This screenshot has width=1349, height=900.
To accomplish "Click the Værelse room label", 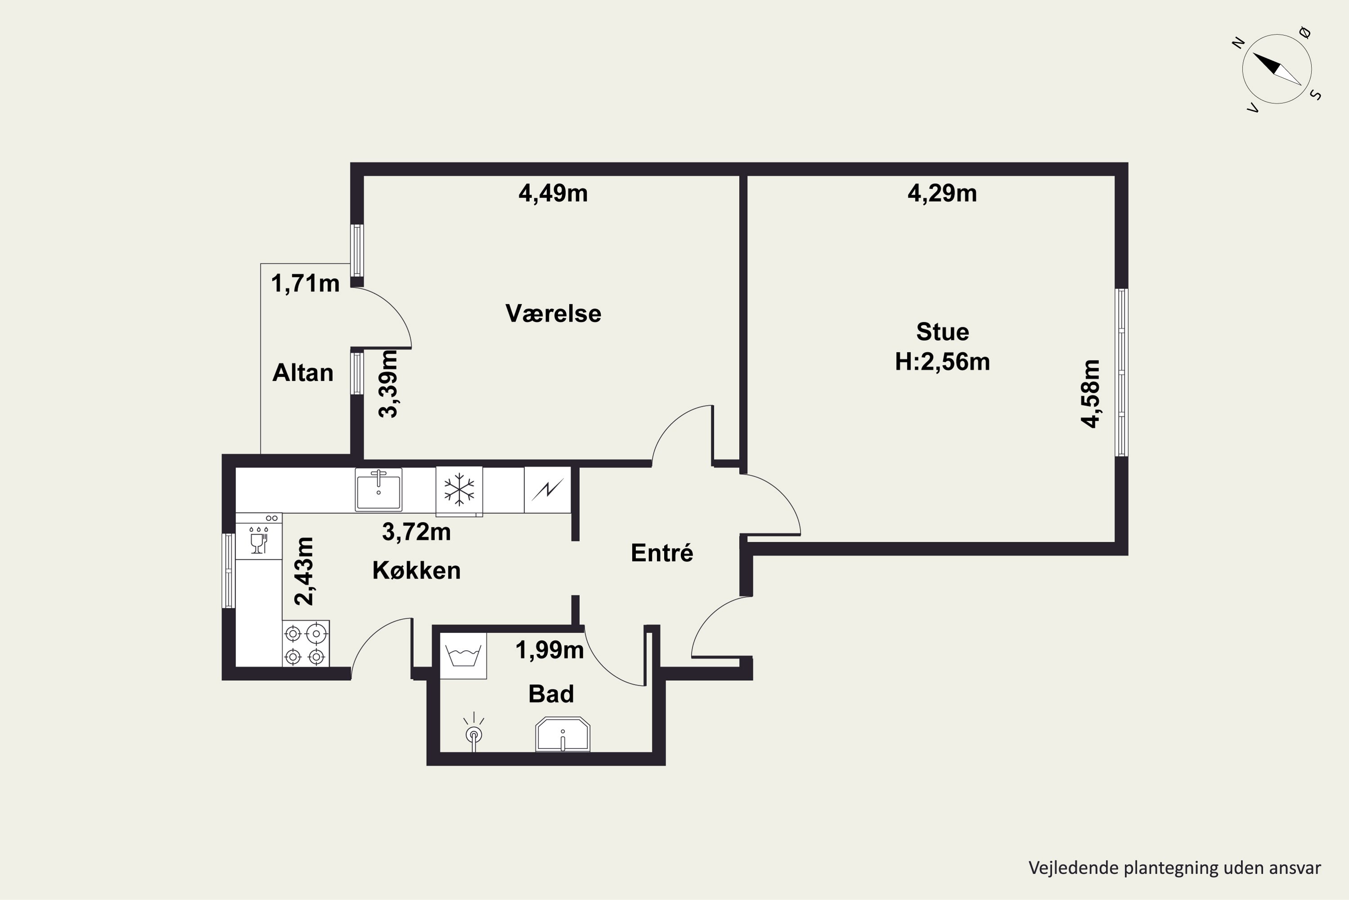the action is [x=553, y=313].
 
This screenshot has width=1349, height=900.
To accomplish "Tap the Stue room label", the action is [x=943, y=332].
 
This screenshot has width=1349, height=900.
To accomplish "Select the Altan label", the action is [x=302, y=373].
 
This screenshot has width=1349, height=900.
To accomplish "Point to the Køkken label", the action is [x=416, y=571].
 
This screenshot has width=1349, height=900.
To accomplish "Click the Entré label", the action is [x=662, y=553].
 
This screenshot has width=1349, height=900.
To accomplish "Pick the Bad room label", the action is [x=550, y=694].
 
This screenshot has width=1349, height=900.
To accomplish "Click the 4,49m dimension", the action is [x=553, y=193].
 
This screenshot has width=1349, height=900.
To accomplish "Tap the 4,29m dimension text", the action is [x=942, y=193].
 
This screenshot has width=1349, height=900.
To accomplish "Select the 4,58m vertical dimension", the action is [x=1090, y=394].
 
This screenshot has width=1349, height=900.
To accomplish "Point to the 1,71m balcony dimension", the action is [x=305, y=283].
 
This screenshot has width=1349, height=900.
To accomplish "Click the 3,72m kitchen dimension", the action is [x=416, y=532].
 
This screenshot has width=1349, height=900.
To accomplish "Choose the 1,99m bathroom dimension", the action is [x=549, y=650].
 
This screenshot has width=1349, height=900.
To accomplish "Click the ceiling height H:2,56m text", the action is [x=943, y=362].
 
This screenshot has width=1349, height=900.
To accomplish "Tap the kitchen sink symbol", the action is [x=379, y=490].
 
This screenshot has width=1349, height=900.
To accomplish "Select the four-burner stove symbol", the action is [x=306, y=643].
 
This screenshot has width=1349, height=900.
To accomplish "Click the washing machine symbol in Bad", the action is [x=463, y=656].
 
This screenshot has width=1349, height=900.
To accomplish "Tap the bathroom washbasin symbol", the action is [x=563, y=734].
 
